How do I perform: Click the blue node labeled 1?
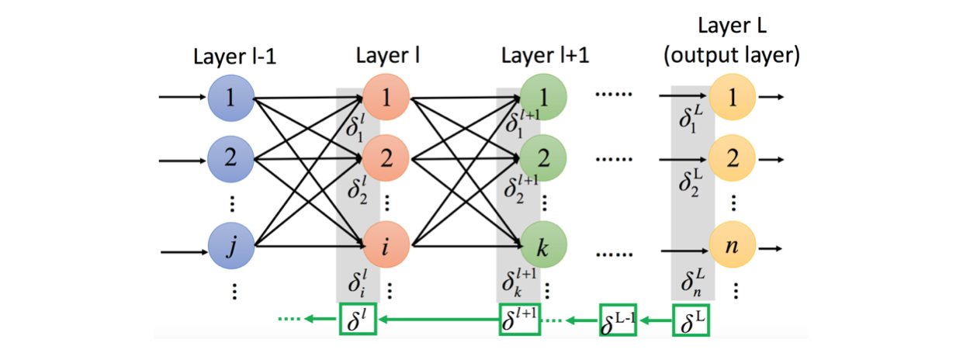(230, 98)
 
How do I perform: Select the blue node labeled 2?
(230, 161)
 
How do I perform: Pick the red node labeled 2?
(385, 161)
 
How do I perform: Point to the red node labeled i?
(385, 248)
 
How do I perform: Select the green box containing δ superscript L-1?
(618, 320)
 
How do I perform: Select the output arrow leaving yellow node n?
(772, 250)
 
